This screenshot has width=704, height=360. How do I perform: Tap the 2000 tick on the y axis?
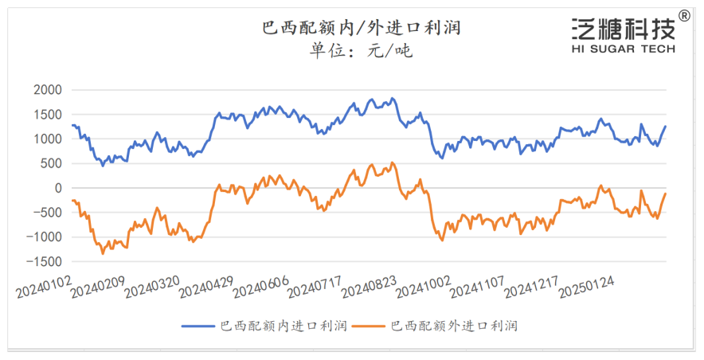[x=47, y=90]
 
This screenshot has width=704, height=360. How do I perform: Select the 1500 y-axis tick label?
[x=47, y=115]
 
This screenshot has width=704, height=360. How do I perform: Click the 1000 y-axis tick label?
[x=47, y=139]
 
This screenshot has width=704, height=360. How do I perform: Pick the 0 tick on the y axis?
[x=57, y=188]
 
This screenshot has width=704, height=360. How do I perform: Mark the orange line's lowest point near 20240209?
[x=103, y=253]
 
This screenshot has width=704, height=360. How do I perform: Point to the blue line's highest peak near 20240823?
[x=392, y=99]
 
